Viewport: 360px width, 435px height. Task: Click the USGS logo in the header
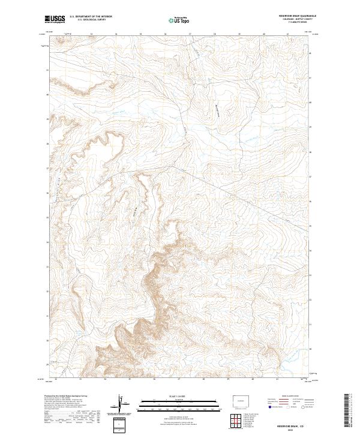(x=55, y=20)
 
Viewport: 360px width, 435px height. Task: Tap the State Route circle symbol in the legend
(x=302, y=407)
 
